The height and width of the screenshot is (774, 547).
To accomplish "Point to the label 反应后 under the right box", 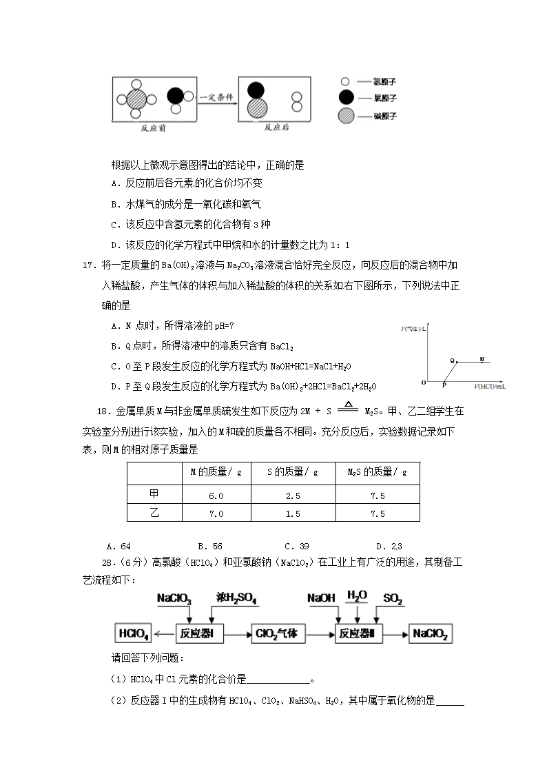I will pyautogui.click(x=276, y=128).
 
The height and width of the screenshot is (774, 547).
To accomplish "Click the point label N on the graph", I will pyautogui.click(x=482, y=359).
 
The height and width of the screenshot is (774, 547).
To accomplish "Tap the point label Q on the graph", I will pyautogui.click(x=453, y=360).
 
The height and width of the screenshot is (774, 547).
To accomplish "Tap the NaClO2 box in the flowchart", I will pyautogui.click(x=431, y=634).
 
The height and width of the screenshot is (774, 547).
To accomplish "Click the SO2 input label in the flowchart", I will pyautogui.click(x=393, y=598).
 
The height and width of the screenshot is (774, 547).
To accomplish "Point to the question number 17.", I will pyautogui.click(x=89, y=265).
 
